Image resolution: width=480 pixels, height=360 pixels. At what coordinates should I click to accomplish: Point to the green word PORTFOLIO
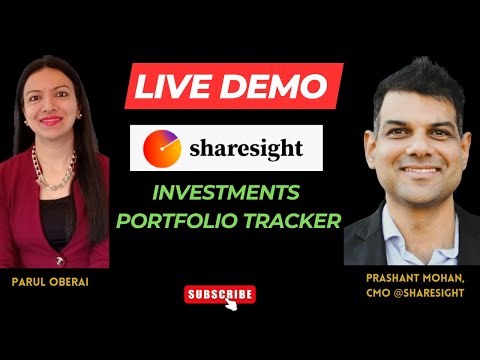point(184,220)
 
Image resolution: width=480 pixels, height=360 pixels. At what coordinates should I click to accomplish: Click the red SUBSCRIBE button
point(220,294)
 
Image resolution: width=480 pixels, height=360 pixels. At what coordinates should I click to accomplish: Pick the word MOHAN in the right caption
point(447,276)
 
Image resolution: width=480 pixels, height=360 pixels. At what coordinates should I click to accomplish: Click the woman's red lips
point(50,118)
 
